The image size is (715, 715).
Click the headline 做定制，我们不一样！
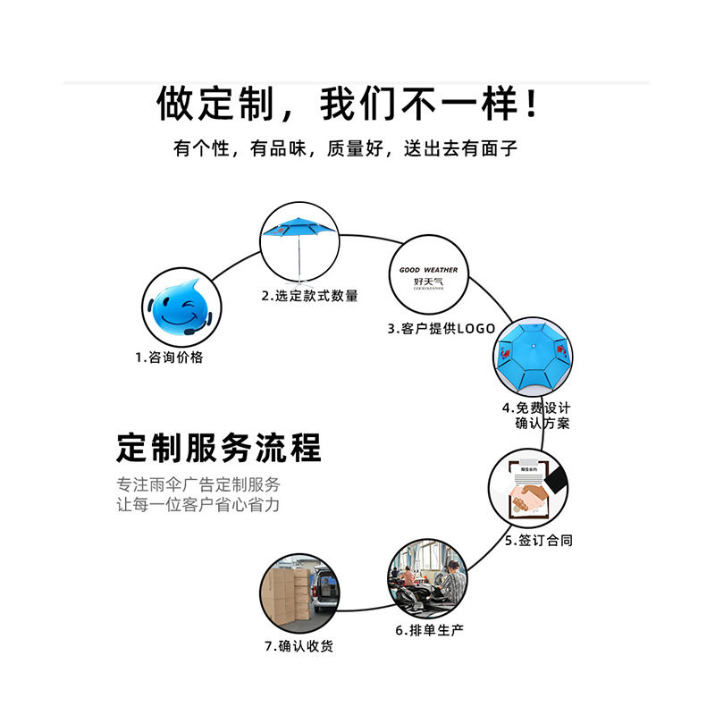(349, 105)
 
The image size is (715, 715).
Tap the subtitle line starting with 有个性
(345, 149)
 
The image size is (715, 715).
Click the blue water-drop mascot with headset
(179, 305)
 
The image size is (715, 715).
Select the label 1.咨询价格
(170, 357)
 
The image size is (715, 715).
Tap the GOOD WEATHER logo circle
(428, 276)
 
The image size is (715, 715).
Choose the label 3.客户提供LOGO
(441, 329)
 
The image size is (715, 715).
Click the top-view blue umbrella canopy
(533, 359)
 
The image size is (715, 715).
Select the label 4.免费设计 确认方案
(535, 416)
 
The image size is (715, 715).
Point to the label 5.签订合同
(538, 541)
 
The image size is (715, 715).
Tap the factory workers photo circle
(428, 576)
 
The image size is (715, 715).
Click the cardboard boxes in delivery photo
(288, 594)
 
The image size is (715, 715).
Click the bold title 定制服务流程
(218, 447)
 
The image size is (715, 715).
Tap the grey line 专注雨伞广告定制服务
(198, 485)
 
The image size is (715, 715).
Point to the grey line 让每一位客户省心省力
(198, 505)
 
